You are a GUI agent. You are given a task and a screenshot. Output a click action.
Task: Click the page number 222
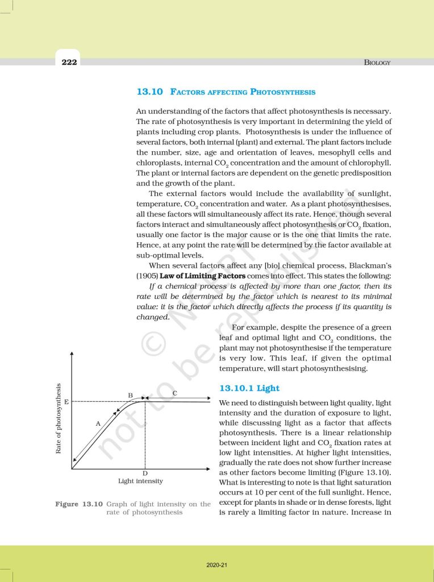(x=69, y=62)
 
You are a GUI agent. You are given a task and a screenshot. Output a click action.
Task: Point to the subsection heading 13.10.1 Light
(x=249, y=388)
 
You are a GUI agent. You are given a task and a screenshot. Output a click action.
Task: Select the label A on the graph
(x=98, y=423)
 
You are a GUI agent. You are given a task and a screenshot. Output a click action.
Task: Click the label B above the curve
(x=130, y=395)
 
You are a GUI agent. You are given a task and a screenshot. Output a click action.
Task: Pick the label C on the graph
(x=174, y=393)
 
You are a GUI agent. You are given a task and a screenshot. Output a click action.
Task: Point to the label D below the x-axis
(x=145, y=473)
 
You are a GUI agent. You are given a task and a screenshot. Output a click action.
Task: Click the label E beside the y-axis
(x=66, y=402)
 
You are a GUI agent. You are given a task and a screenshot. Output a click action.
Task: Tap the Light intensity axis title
(x=140, y=481)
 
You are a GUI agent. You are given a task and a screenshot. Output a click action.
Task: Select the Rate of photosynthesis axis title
(x=59, y=418)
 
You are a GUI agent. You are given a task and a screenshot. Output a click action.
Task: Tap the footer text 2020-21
(x=217, y=566)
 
